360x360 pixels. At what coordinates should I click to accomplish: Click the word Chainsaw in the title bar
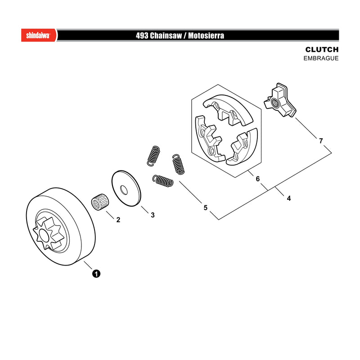[x=166, y=36]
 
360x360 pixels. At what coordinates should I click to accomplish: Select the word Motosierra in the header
[x=206, y=36]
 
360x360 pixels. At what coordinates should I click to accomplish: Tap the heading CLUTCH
[x=322, y=49]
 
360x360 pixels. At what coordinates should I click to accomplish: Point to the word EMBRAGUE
[x=321, y=58]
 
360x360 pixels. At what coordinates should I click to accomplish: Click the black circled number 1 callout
[x=96, y=274]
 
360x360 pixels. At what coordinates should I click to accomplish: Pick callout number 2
[x=118, y=220]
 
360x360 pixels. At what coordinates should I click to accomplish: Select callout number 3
[x=153, y=215]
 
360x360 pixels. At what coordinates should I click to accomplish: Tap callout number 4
[x=289, y=198]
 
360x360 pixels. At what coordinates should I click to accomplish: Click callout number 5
[x=206, y=207]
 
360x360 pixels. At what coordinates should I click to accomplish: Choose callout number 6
[x=257, y=179]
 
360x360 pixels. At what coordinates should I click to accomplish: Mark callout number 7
[x=321, y=140]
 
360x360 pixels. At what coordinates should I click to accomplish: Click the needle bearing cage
[x=99, y=201]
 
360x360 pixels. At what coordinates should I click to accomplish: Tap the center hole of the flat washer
[x=124, y=190]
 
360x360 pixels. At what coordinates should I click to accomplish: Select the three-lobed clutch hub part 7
[x=280, y=100]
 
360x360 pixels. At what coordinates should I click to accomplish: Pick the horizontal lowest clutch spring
[x=163, y=181]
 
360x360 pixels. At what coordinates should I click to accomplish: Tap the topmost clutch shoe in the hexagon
[x=228, y=110]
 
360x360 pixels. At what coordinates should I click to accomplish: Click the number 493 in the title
[x=142, y=36]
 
